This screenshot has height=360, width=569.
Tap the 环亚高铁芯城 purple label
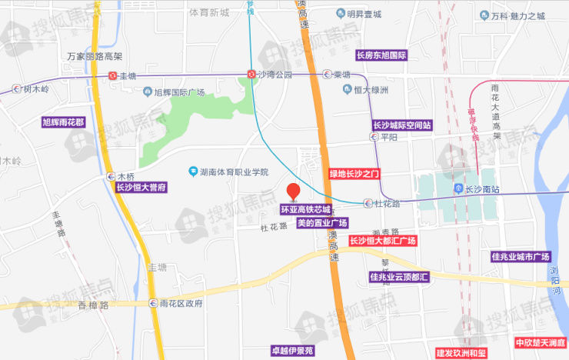(304, 209)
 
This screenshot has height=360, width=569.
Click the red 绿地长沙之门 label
(354, 174)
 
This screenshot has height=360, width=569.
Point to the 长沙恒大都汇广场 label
(382, 241)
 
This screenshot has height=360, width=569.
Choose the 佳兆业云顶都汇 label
(399, 276)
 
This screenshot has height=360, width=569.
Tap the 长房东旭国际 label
(381, 56)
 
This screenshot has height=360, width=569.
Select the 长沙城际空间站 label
(402, 125)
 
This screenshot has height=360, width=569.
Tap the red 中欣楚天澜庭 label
(541, 342)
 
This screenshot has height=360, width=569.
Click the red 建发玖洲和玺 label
(461, 353)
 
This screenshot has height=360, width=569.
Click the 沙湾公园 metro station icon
(251, 75)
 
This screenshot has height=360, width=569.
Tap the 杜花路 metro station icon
(368, 204)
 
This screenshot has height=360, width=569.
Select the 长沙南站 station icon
(458, 188)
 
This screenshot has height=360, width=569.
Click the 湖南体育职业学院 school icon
(193, 172)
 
